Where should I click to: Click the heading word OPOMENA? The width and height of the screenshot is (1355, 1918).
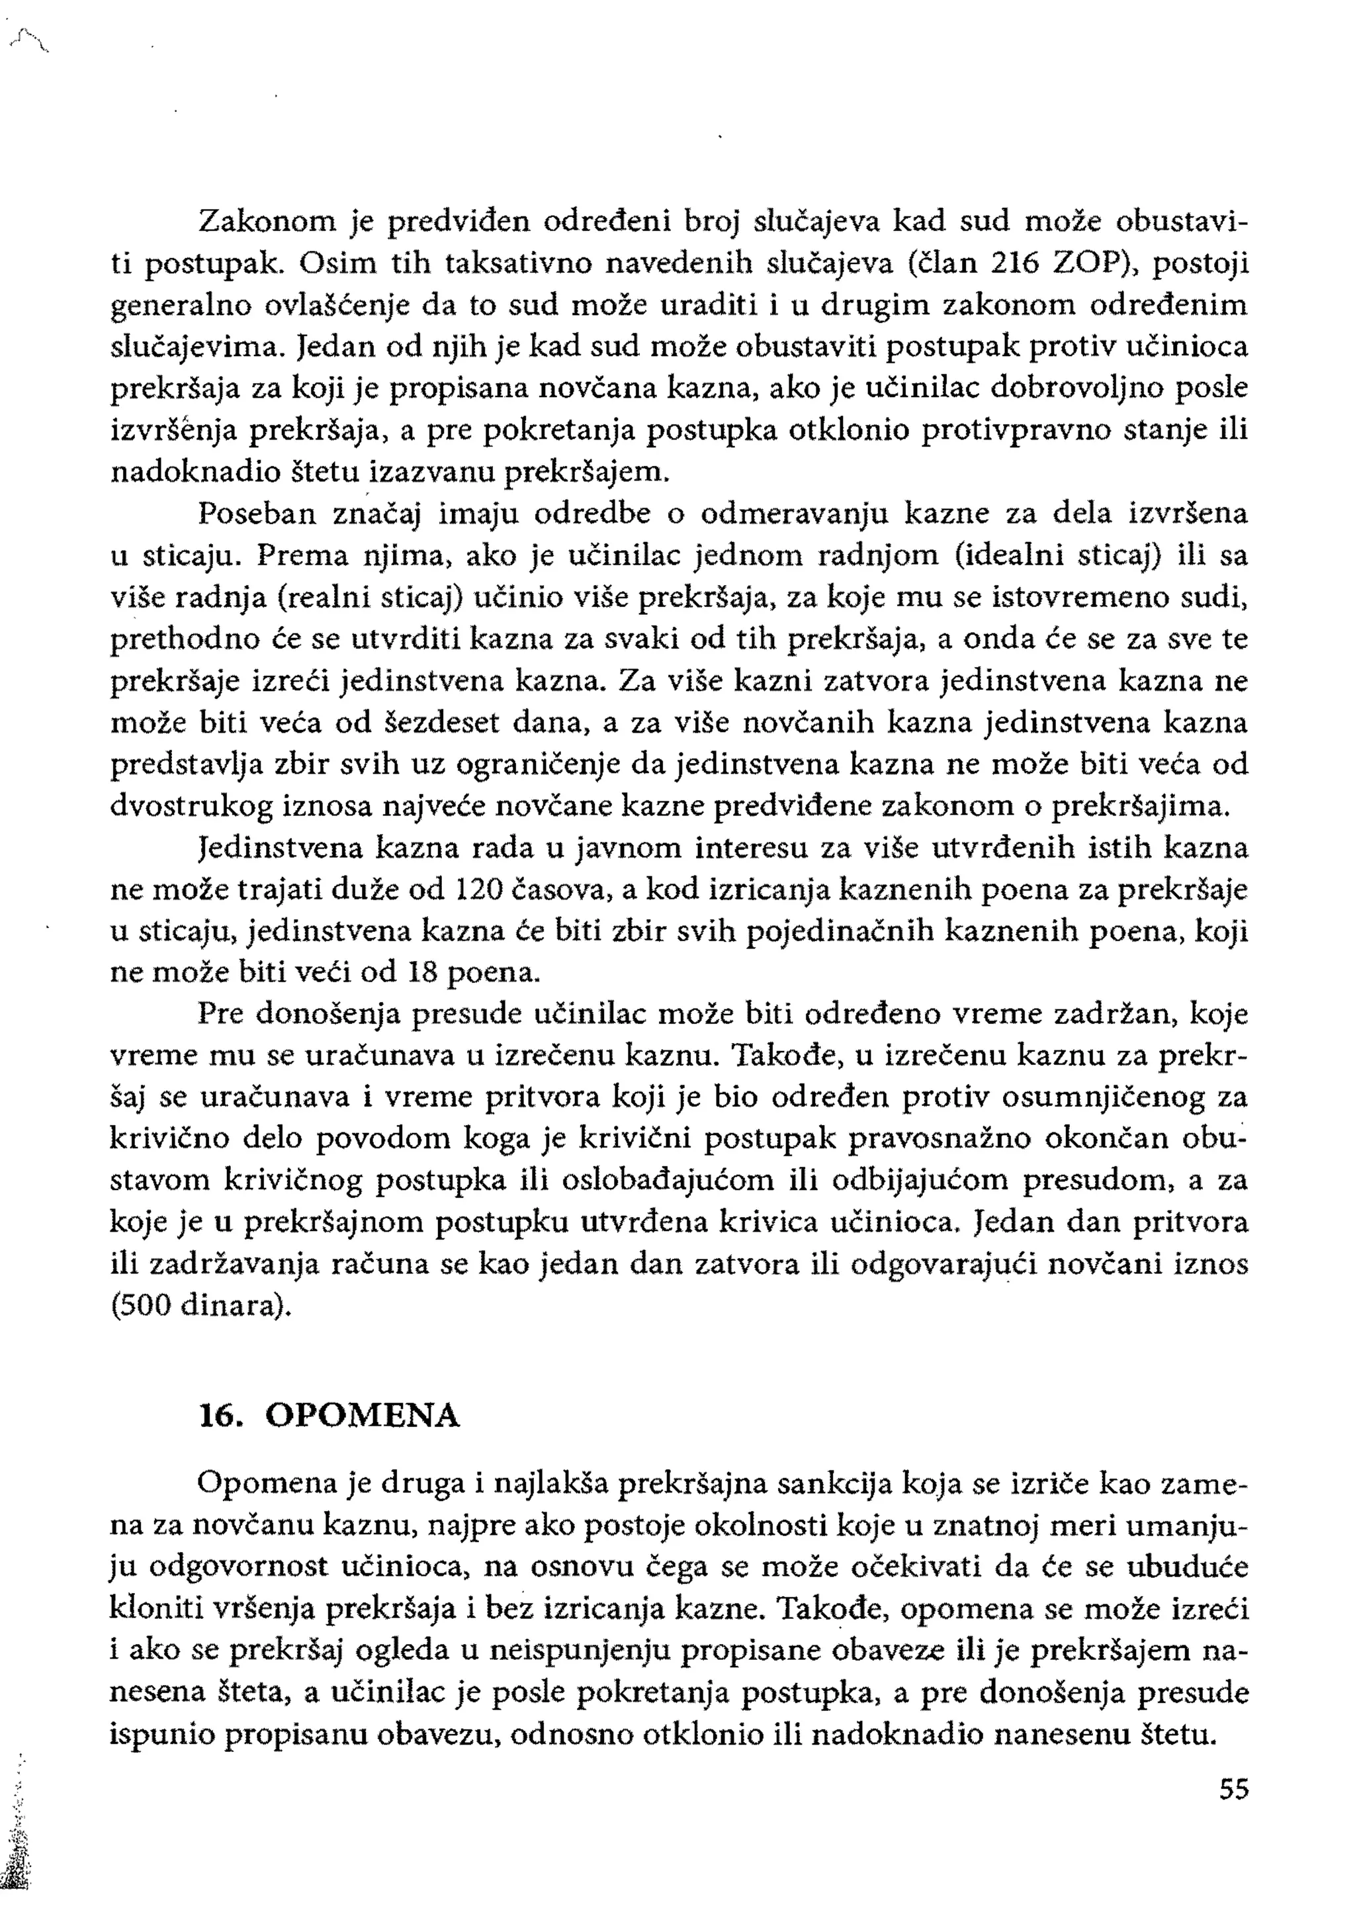(x=363, y=1416)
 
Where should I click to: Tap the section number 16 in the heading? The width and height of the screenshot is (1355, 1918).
(x=217, y=1416)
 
